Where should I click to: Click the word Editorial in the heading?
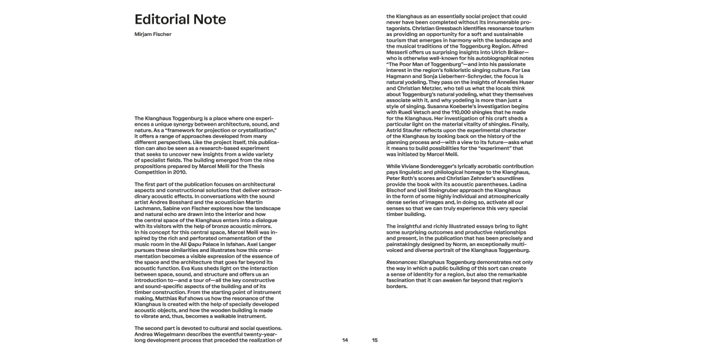coord(161,20)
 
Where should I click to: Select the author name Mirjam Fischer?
coord(153,34)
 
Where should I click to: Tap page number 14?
coord(345,340)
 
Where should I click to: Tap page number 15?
coord(375,340)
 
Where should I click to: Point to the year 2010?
coord(179,172)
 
